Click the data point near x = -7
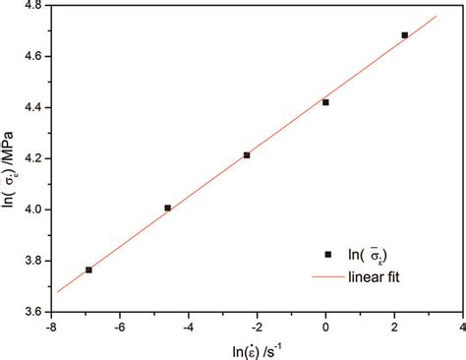point(88,270)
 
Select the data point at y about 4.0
point(168,208)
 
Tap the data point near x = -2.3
point(247,155)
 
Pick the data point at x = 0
point(325,102)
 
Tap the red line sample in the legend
point(327,277)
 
